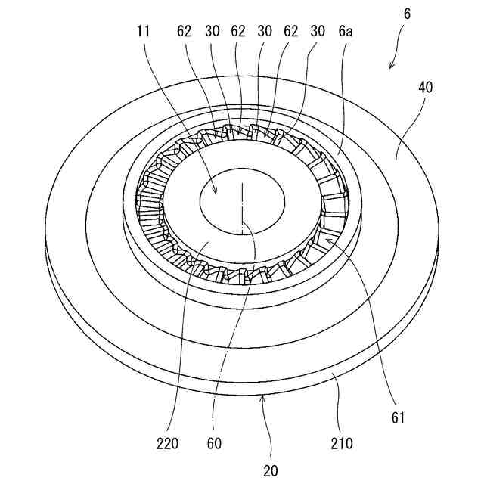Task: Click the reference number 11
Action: point(143,33)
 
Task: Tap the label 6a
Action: point(346,33)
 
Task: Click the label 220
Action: point(168,443)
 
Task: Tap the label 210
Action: point(342,442)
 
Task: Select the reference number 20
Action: point(271,470)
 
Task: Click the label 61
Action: point(399,417)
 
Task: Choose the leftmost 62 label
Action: point(185,33)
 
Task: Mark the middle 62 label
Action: point(238,33)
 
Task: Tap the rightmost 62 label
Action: point(291,33)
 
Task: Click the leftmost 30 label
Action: point(212,33)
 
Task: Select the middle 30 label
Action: point(265,33)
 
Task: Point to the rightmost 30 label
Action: point(318,33)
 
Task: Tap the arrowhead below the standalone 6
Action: point(390,67)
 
